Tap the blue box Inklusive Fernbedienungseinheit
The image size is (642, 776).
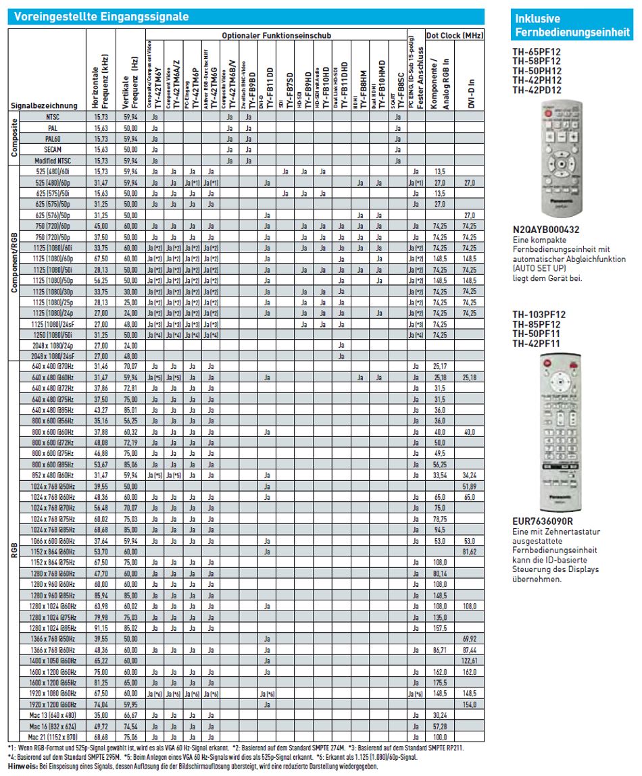click(x=571, y=26)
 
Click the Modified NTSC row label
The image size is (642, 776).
click(x=52, y=161)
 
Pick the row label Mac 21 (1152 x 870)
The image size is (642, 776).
click(x=52, y=738)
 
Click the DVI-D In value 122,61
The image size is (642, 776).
click(x=469, y=660)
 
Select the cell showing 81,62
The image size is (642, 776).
click(x=469, y=551)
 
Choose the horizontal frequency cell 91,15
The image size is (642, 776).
click(x=100, y=627)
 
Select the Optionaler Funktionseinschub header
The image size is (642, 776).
click(x=277, y=35)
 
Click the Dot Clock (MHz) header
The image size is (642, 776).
click(x=454, y=35)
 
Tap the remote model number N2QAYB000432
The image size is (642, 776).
click(x=546, y=230)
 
